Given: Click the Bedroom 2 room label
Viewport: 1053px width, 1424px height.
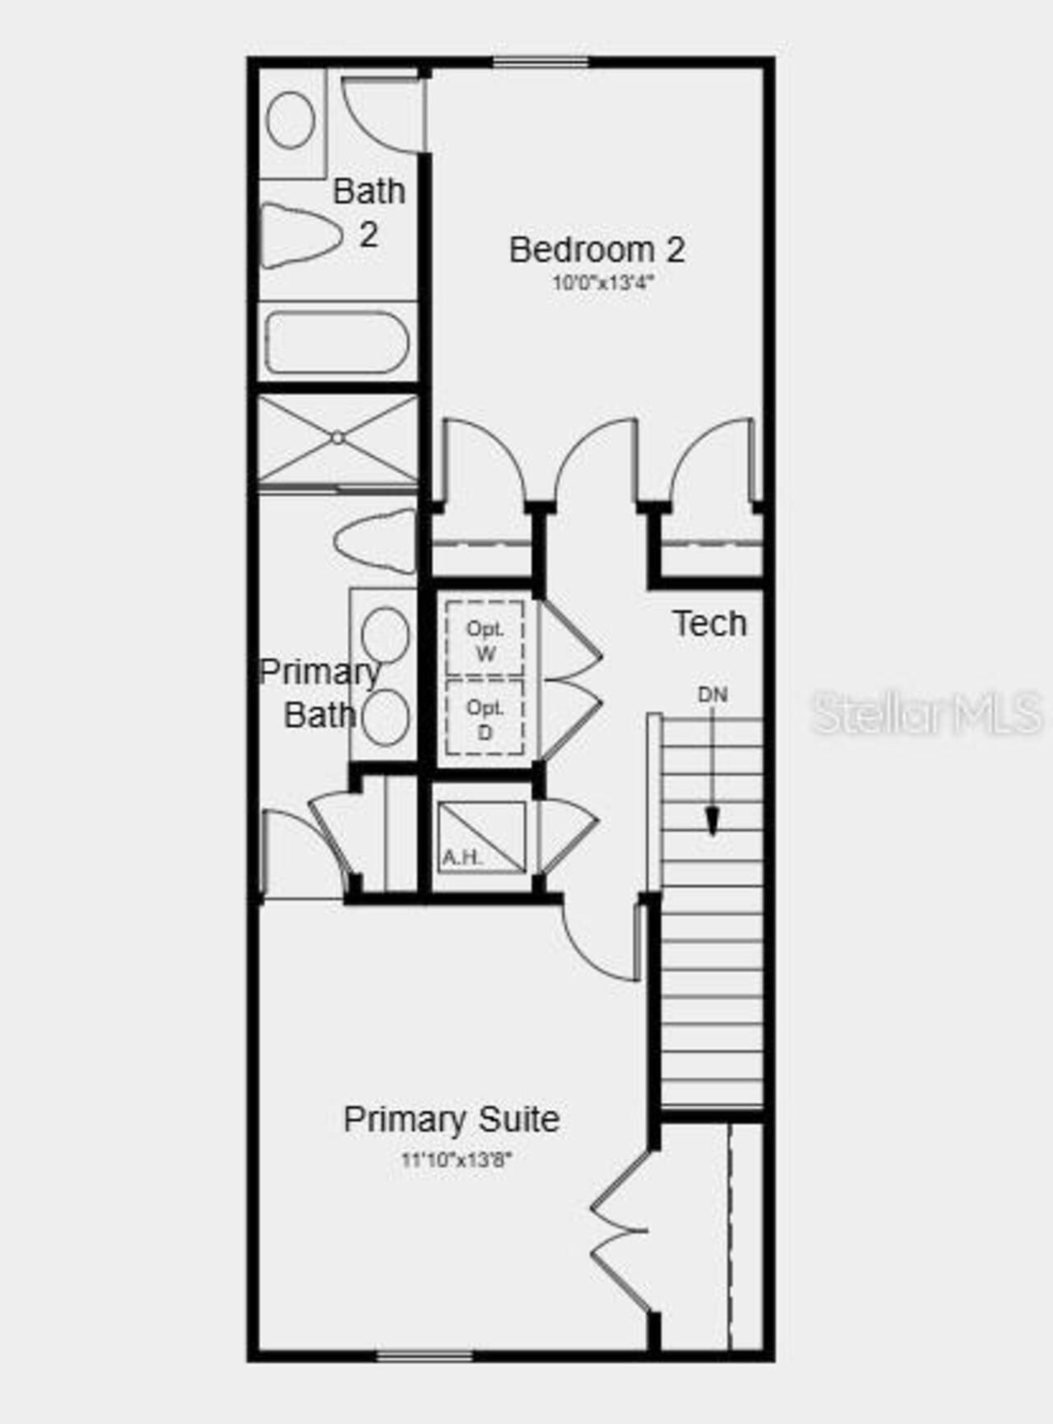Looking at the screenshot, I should point(596,250).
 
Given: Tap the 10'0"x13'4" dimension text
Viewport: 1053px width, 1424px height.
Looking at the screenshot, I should point(602,284).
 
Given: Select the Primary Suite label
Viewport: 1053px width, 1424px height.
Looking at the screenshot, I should point(451,1120).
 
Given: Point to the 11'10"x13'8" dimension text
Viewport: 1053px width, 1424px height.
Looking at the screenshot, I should point(457,1160).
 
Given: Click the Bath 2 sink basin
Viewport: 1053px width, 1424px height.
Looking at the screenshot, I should point(290,121).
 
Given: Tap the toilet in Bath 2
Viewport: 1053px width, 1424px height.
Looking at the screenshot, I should point(299,236).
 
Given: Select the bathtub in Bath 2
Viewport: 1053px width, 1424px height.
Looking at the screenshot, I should point(337,341).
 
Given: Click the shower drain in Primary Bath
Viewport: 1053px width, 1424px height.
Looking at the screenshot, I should point(337,438).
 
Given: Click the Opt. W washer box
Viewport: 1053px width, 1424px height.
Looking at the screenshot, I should point(485,640).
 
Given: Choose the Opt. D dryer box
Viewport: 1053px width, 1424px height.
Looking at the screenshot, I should point(485,718).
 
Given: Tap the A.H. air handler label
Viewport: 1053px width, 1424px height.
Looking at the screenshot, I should point(462,857).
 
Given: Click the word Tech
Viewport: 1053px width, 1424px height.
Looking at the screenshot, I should point(709,624).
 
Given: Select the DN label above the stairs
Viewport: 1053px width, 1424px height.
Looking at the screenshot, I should point(712,695).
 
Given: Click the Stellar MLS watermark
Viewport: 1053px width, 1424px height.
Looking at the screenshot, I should point(926,713).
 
